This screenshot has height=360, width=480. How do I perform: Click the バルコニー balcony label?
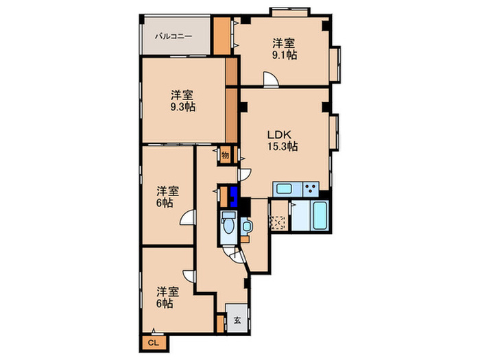[173, 36]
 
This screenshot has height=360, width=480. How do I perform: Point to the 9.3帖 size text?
[182, 106]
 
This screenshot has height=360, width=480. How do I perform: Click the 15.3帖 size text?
[282, 146]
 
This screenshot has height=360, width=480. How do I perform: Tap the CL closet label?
[153, 342]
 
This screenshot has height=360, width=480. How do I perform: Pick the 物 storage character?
[225, 155]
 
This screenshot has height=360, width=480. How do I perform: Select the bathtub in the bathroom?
[320, 217]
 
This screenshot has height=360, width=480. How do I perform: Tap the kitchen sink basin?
[283, 189]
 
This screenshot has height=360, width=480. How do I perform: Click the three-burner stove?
[310, 189]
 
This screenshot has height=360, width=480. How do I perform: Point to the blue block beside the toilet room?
[235, 197]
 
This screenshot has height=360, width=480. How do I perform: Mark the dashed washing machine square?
[278, 222]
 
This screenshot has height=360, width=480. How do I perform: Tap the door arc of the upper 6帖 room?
[186, 219]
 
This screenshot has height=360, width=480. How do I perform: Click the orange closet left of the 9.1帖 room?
[222, 36]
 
